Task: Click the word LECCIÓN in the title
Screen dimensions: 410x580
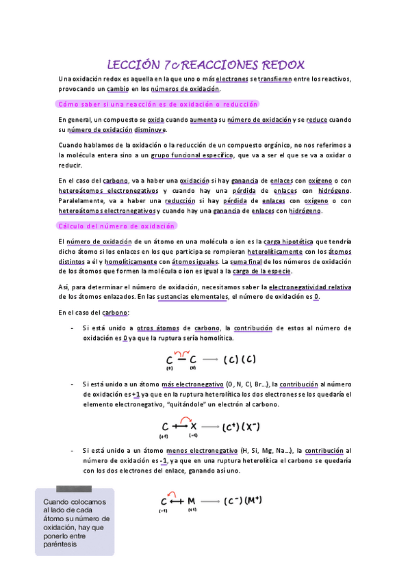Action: (x=134, y=65)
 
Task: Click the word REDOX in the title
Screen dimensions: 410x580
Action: (x=279, y=65)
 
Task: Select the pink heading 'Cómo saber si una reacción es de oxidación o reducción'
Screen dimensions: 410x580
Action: (x=157, y=104)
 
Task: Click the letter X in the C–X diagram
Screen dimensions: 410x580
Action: (x=194, y=427)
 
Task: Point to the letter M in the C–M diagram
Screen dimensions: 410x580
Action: (x=191, y=501)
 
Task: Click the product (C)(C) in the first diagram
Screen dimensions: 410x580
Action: (x=239, y=360)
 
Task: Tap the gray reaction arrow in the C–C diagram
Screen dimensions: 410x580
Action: (x=210, y=360)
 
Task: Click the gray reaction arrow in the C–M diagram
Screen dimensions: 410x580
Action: (x=210, y=501)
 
